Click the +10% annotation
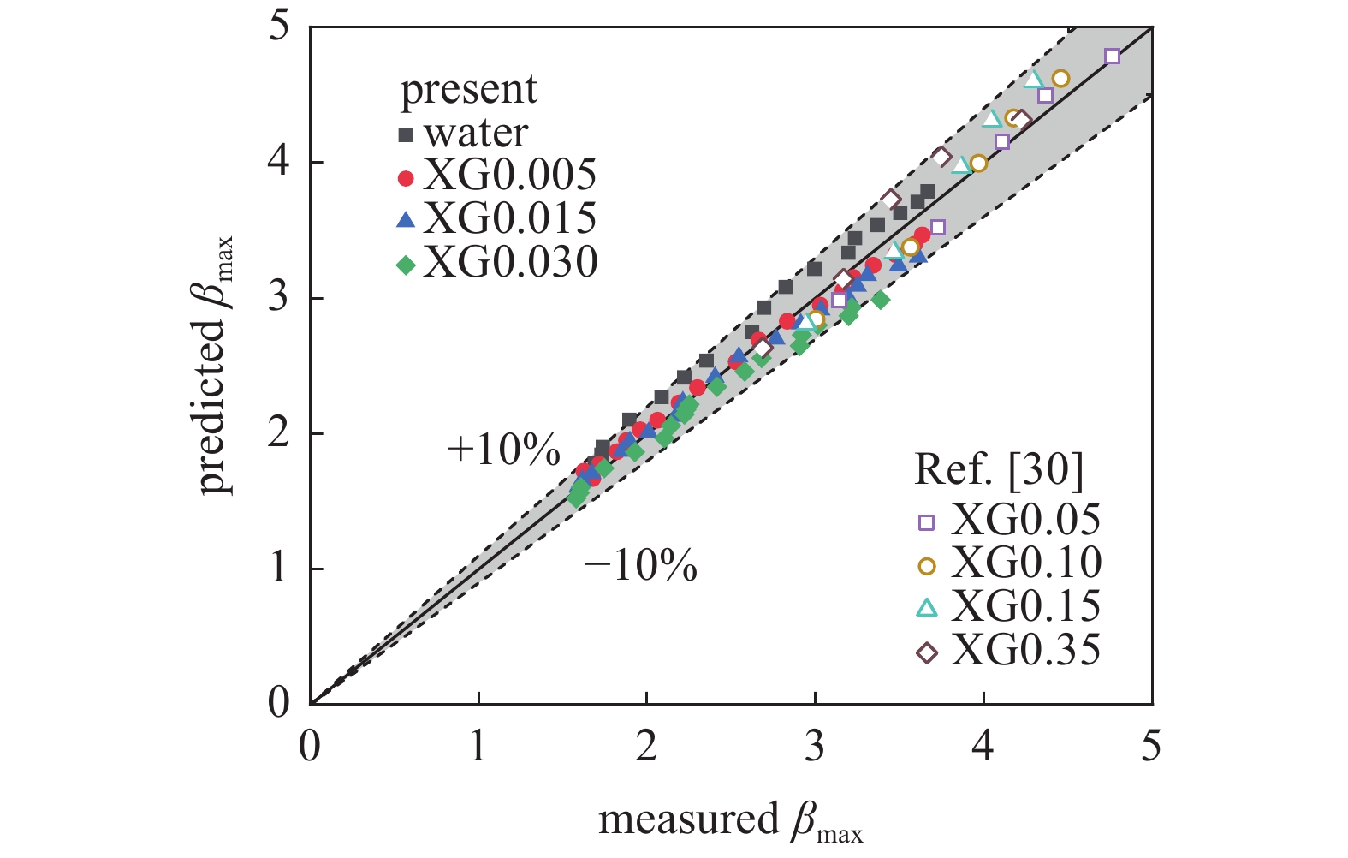click(504, 450)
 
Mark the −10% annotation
click(641, 566)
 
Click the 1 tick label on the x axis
click(478, 747)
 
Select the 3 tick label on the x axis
click(814, 747)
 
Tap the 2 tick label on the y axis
click(279, 432)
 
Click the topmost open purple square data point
click(1112, 57)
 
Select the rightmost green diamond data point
click(881, 300)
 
